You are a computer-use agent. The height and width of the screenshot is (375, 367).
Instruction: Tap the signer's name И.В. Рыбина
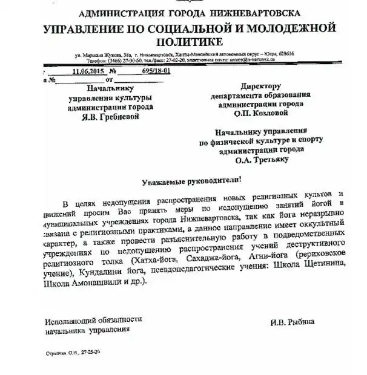tap(293, 322)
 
